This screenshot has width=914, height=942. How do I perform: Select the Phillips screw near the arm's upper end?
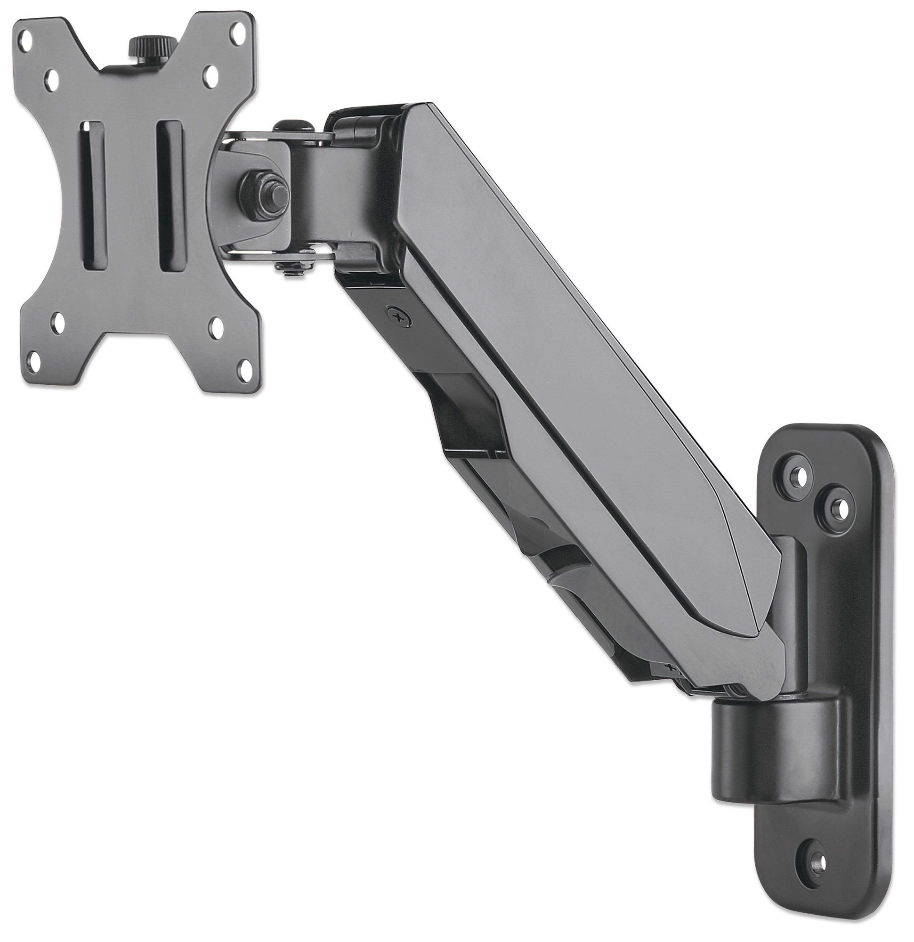tap(398, 316)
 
